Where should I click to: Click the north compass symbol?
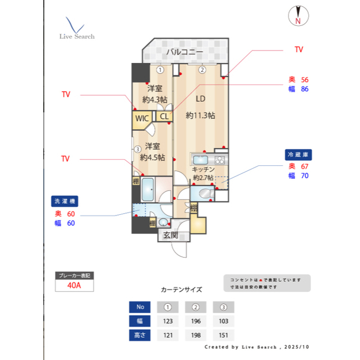click(x=298, y=16)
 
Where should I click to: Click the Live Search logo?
click(x=76, y=29)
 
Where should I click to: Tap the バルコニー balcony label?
click(x=184, y=53)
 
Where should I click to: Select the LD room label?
click(x=200, y=99)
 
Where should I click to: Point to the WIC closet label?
click(x=142, y=118)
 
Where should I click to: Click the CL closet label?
click(x=164, y=116)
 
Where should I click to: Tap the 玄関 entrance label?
click(x=170, y=235)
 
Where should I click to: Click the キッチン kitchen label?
click(x=203, y=169)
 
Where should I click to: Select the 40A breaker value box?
click(x=74, y=285)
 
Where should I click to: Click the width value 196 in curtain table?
click(x=196, y=321)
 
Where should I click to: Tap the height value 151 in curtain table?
click(x=223, y=335)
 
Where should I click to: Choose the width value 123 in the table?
click(x=168, y=321)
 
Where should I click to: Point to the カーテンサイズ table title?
click(x=181, y=290)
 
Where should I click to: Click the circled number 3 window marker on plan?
click(x=137, y=150)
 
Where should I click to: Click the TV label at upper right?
click(x=299, y=49)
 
